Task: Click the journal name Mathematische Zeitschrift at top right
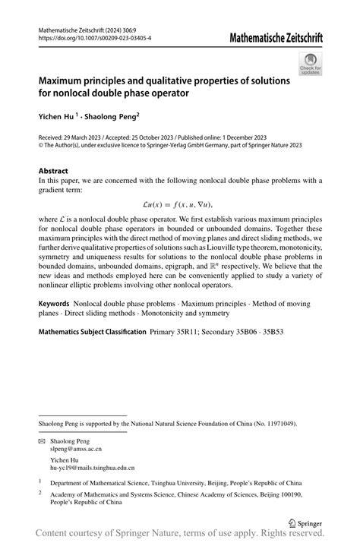coord(269,36)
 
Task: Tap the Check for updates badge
coord(311,65)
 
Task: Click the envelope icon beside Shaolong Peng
coord(42,441)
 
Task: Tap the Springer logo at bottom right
coord(308,524)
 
